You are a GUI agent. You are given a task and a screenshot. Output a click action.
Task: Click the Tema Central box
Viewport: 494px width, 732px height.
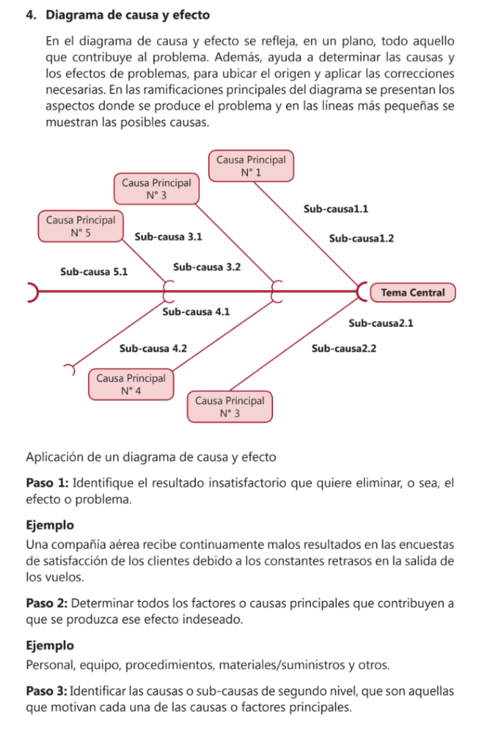(413, 292)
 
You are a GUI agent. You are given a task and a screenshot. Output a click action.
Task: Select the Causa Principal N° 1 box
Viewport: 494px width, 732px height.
(250, 166)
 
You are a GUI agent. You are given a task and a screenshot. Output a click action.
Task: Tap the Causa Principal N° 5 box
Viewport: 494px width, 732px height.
(80, 226)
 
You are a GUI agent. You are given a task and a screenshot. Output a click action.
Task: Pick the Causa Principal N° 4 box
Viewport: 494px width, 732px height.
(130, 384)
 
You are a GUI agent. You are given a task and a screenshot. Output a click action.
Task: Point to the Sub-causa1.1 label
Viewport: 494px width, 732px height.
(335, 209)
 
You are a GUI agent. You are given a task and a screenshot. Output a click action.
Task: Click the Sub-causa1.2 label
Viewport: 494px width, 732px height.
(361, 238)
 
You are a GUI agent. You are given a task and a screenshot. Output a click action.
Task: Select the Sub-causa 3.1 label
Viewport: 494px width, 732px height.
(168, 237)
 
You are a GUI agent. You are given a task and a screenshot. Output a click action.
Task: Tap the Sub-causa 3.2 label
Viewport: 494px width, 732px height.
(207, 267)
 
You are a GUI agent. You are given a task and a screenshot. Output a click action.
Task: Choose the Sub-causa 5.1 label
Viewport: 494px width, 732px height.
(94, 272)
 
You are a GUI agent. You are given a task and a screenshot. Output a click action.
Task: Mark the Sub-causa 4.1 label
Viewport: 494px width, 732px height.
(197, 312)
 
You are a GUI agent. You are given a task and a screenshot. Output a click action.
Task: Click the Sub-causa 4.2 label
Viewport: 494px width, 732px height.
(153, 348)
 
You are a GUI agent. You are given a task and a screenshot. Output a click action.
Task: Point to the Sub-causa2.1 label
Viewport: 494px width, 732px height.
(381, 323)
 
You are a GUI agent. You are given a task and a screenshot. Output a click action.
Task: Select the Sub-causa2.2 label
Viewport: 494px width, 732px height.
(344, 349)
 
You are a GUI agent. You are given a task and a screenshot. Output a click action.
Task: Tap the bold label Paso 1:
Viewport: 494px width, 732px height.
(47, 483)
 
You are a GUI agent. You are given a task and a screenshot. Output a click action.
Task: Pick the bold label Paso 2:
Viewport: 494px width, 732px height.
(47, 603)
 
